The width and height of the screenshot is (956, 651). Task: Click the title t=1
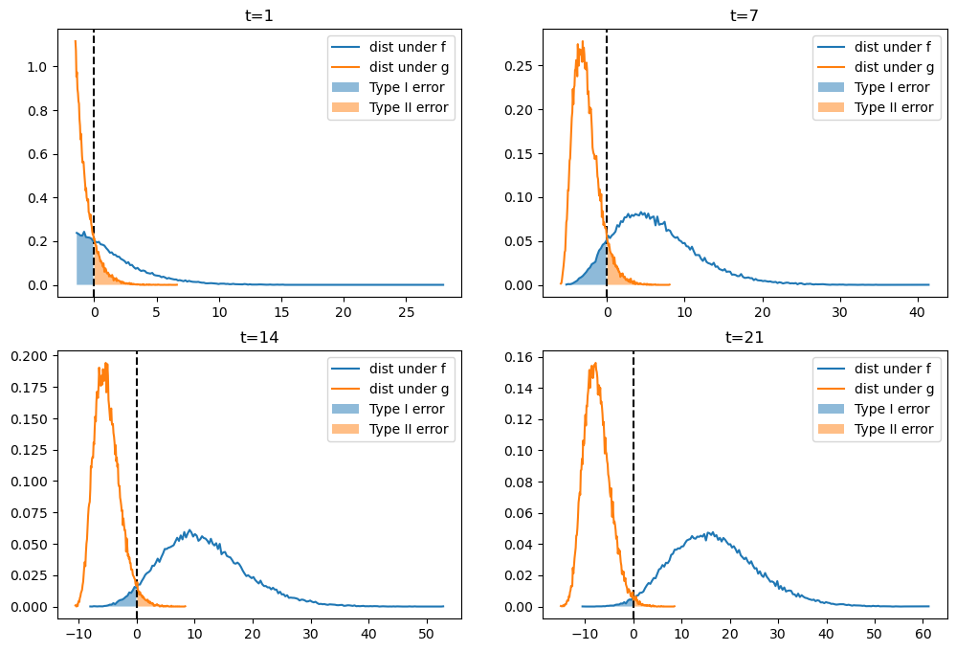[x=259, y=14]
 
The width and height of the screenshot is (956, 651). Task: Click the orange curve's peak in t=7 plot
[x=582, y=41]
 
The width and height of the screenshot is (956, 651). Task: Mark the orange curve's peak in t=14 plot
[x=106, y=363]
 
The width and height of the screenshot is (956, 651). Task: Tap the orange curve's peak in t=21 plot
[x=595, y=363]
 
